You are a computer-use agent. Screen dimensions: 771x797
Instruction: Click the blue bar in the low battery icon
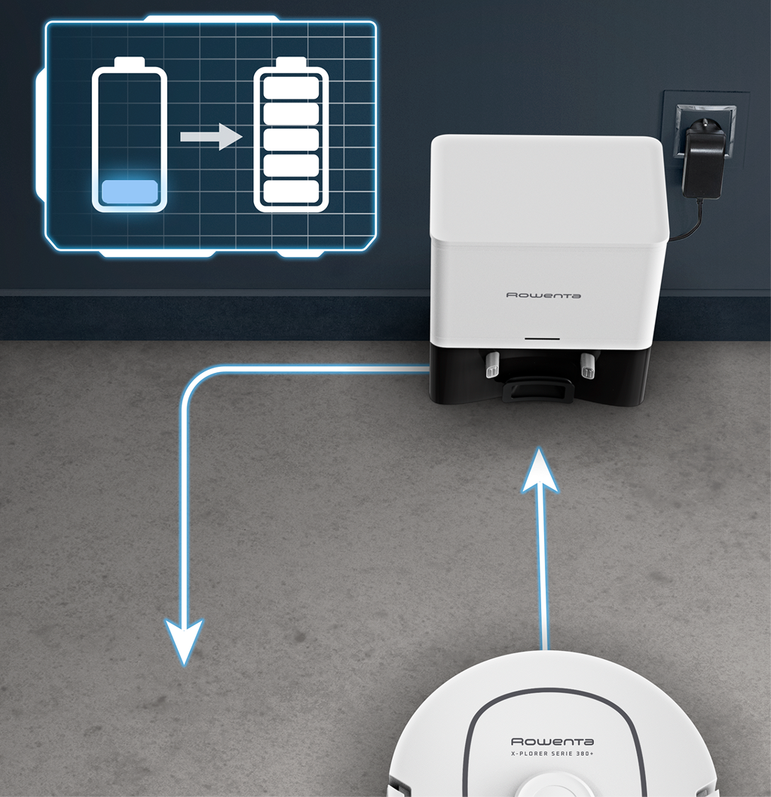coord(130,192)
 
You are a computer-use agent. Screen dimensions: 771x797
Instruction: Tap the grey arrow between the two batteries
coord(211,137)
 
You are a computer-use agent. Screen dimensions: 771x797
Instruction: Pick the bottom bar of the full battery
coord(291,191)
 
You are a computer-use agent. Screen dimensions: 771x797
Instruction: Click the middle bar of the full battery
coord(291,140)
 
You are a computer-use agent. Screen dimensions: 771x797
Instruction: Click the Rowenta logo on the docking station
coord(543,295)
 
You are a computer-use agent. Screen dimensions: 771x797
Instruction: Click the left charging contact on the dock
coord(493,365)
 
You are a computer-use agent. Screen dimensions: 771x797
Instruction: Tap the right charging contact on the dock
coord(587,366)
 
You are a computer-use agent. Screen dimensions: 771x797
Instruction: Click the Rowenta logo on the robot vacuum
coord(552,741)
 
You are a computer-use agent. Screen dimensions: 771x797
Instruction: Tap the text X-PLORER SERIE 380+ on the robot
coord(552,753)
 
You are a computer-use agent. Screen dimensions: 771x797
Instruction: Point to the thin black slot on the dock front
coord(542,338)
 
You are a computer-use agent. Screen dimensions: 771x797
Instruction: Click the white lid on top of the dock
coord(548,188)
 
